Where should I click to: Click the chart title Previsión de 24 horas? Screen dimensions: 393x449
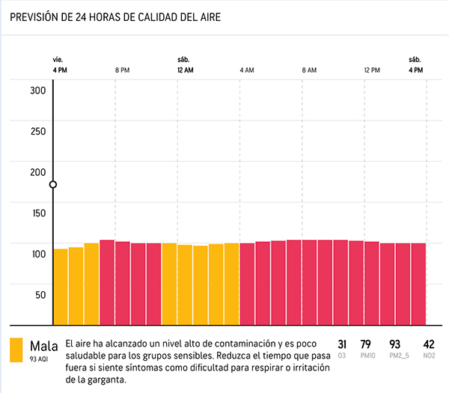(x=117, y=16)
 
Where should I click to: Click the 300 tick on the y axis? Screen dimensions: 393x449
(x=38, y=91)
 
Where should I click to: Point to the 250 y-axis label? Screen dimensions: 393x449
(x=38, y=131)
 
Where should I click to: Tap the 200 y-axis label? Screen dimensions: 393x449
(x=38, y=171)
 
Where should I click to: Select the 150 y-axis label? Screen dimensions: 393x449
(x=38, y=213)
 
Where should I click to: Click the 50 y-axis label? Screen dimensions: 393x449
(x=40, y=293)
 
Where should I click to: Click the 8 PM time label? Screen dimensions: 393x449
(x=123, y=70)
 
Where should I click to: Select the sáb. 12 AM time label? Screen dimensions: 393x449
(x=185, y=65)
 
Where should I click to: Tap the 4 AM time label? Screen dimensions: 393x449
(x=247, y=70)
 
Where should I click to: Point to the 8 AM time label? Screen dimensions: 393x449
(x=309, y=70)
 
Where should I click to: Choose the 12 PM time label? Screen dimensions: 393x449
(x=372, y=70)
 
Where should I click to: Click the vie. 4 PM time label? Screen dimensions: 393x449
(x=60, y=65)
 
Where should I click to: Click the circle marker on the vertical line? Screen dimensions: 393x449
(x=53, y=185)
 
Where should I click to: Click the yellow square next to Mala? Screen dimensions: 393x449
(x=16, y=350)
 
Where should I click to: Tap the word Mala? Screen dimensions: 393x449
(x=43, y=346)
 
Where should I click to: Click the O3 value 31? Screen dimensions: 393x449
(x=342, y=344)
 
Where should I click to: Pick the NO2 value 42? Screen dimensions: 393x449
(x=429, y=344)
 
